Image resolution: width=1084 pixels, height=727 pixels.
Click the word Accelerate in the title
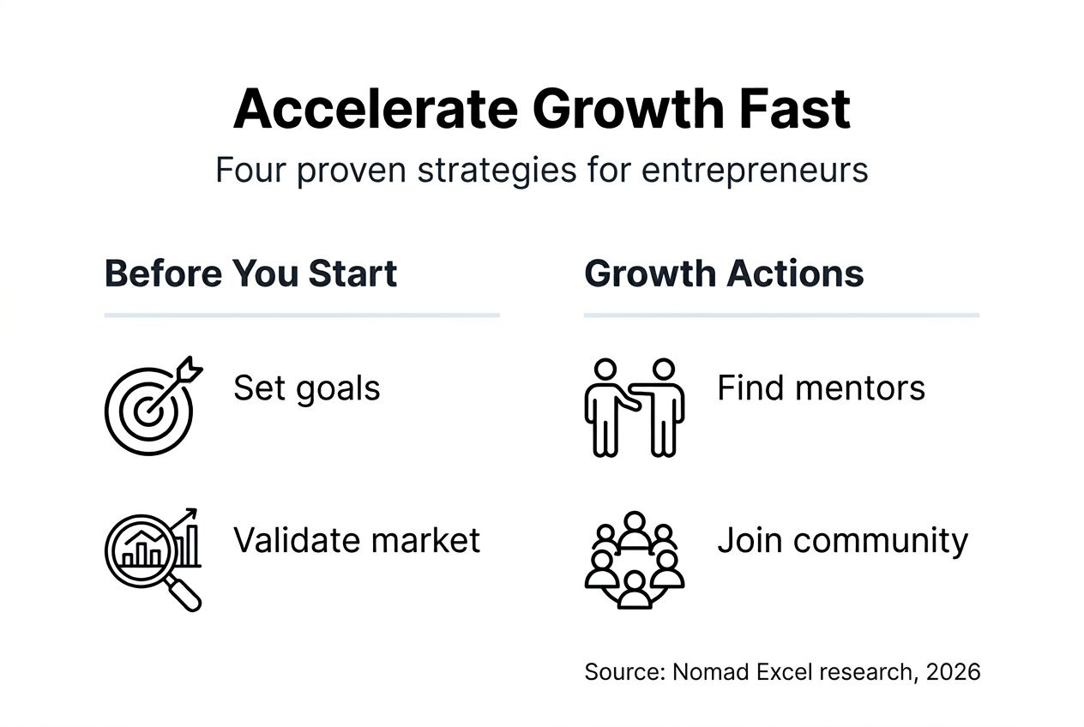(x=375, y=109)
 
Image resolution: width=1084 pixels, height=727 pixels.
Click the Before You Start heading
(x=250, y=273)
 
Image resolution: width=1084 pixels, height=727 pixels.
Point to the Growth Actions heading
(x=724, y=273)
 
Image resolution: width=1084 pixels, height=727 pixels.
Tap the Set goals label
(x=306, y=388)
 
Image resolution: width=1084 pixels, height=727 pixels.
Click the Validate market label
(x=357, y=540)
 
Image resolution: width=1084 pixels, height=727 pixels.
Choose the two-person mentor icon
(x=634, y=406)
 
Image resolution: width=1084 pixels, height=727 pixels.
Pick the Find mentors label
(x=821, y=388)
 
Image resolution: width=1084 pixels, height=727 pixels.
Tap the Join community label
(x=842, y=540)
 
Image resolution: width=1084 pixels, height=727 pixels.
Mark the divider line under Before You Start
(x=301, y=315)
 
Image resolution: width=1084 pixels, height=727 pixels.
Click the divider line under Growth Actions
(x=781, y=315)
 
